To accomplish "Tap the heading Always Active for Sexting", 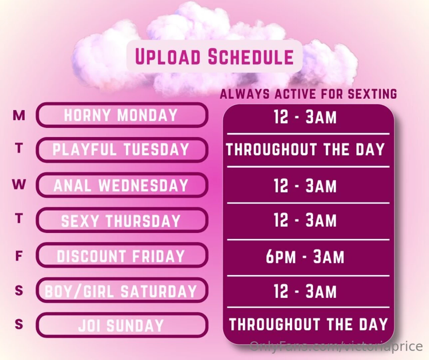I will click(x=308, y=94).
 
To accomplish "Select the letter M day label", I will click(x=19, y=115).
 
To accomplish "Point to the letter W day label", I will click(x=19, y=184).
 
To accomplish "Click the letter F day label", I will click(x=19, y=256).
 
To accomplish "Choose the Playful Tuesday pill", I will click(x=122, y=150).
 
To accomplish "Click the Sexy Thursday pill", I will click(x=122, y=221).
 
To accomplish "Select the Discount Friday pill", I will click(x=122, y=256).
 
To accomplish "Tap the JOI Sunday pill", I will click(x=122, y=325).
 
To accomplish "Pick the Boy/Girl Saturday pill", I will click(x=122, y=291).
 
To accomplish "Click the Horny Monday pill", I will click(x=122, y=115).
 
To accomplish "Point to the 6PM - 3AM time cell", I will click(x=305, y=257).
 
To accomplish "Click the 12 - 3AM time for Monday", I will click(x=305, y=117).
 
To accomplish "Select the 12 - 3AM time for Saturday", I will click(x=305, y=291).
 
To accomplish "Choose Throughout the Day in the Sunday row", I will click(x=308, y=324).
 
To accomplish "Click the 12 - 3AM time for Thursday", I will click(x=305, y=220).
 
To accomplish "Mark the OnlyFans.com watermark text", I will click(x=336, y=346).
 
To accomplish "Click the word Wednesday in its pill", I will click(x=143, y=185).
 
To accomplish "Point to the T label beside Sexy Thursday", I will click(x=19, y=219).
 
